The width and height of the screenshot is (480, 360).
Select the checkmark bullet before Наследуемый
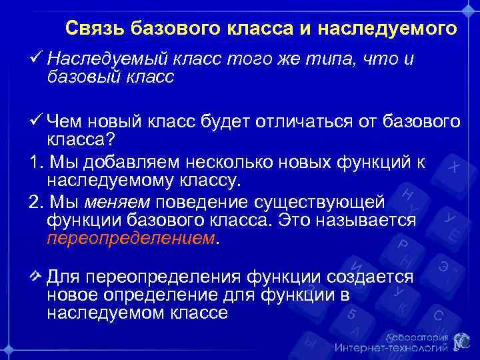coord(37,59)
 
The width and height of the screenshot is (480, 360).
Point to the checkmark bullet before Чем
coord(37,121)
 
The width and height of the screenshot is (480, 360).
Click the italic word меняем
coord(119,201)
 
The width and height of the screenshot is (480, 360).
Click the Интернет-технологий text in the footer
coord(391,347)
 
